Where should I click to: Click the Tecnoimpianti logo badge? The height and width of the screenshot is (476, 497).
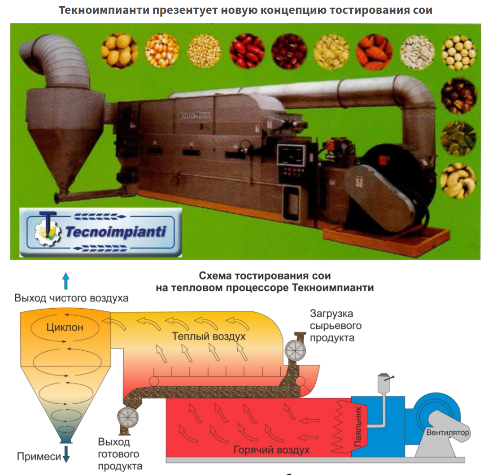click(101, 232)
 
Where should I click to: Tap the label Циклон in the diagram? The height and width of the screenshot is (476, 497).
click(65, 327)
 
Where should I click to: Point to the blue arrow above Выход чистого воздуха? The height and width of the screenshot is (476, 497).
click(65, 281)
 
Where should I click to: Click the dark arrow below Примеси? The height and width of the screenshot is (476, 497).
click(66, 454)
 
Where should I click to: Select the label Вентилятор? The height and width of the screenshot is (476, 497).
click(448, 433)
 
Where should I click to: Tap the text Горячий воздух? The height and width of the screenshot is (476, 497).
click(272, 450)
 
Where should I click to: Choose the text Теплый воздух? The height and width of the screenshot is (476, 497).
click(209, 336)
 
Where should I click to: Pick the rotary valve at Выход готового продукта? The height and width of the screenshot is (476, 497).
click(128, 417)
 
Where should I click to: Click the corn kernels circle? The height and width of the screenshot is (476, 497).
click(161, 51)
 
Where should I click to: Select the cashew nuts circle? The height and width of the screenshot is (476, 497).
click(458, 181)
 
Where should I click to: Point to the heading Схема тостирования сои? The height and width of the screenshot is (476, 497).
click(265, 275)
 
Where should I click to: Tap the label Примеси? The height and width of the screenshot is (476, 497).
click(39, 457)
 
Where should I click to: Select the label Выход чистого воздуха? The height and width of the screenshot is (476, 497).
click(71, 298)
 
